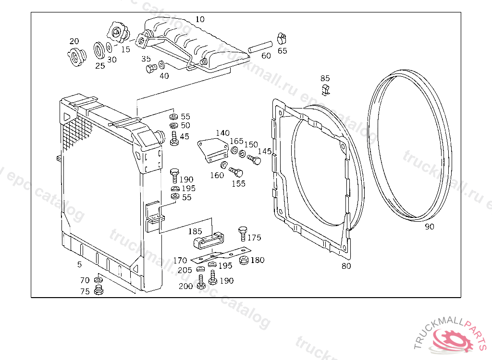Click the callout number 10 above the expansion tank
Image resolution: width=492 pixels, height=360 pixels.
coord(200,19)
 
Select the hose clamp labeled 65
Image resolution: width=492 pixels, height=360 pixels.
coord(282,38)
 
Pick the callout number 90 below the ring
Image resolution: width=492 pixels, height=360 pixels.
coord(429,227)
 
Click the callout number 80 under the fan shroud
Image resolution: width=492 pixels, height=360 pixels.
coord(346,265)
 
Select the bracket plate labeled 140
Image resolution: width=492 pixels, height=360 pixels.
coord(213,148)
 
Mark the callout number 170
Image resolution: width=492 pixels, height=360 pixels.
coord(180,261)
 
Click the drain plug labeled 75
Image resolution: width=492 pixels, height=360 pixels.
coord(99,290)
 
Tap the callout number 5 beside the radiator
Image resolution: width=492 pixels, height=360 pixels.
coord(79,264)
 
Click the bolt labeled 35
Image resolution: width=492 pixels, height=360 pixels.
coord(150,69)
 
